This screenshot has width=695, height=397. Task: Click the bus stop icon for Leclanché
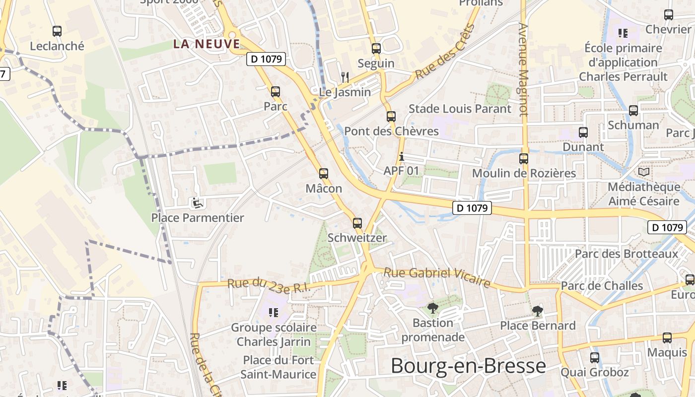click(x=57, y=31)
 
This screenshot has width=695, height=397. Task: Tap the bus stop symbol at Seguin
click(x=376, y=49)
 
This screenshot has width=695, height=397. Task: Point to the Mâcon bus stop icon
click(x=324, y=173)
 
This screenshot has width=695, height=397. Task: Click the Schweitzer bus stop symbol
click(x=357, y=223)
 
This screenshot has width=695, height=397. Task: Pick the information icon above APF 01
click(x=402, y=157)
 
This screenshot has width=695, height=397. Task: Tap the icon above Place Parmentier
click(x=197, y=202)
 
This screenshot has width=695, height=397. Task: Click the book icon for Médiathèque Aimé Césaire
click(x=644, y=172)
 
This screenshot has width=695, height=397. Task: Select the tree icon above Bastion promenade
click(x=433, y=308)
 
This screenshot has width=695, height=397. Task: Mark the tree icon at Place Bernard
click(x=537, y=311)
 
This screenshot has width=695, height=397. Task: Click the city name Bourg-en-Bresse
click(x=468, y=366)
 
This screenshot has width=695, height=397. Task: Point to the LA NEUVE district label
click(x=207, y=44)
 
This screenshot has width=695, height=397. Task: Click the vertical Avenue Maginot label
click(x=524, y=69)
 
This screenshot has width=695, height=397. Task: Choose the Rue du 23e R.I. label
click(x=269, y=286)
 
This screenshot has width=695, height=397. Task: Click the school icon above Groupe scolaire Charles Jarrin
click(x=273, y=312)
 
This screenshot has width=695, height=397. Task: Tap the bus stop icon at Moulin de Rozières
click(x=524, y=159)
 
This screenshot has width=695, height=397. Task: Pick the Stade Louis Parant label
click(x=460, y=109)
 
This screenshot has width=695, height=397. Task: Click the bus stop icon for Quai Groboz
click(x=594, y=357)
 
